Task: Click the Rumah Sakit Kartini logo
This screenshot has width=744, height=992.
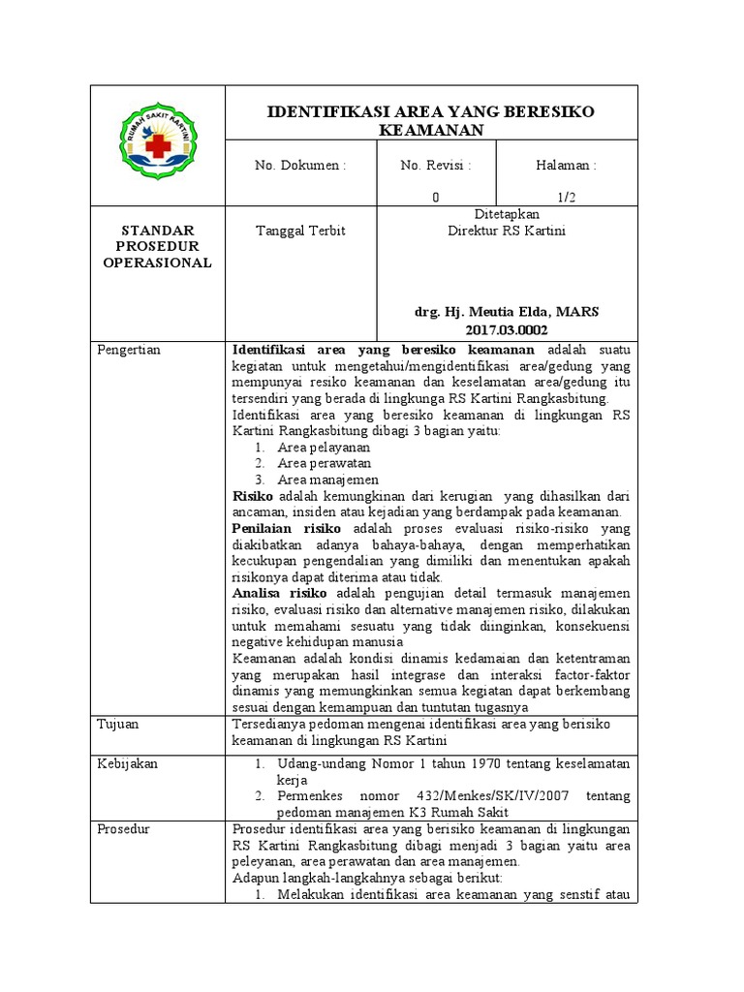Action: coord(157,145)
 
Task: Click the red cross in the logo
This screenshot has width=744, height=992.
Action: coord(157,145)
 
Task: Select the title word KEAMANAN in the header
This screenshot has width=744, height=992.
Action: coord(431,131)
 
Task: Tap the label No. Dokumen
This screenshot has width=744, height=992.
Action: coord(300,166)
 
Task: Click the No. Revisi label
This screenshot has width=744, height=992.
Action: coord(436,166)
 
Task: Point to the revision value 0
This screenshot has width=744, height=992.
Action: coord(436,197)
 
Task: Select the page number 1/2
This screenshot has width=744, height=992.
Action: coord(567,197)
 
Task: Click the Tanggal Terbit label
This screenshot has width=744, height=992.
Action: coord(299,231)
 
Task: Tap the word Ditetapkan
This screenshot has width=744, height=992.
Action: coord(507,214)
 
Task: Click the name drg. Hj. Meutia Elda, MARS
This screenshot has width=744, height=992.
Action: coord(507,312)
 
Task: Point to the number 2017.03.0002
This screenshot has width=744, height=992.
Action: coord(507,329)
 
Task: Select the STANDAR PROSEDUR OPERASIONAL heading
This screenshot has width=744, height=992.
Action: coord(157,246)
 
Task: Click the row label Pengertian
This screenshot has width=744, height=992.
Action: coord(129,350)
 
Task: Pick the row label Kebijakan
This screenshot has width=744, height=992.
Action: coord(127,763)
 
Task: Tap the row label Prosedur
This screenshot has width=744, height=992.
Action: coord(124,828)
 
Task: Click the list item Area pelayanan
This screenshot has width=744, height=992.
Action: coord(324,448)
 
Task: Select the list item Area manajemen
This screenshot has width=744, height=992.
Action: coord(327,480)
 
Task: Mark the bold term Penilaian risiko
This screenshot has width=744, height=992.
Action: coord(287,528)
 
